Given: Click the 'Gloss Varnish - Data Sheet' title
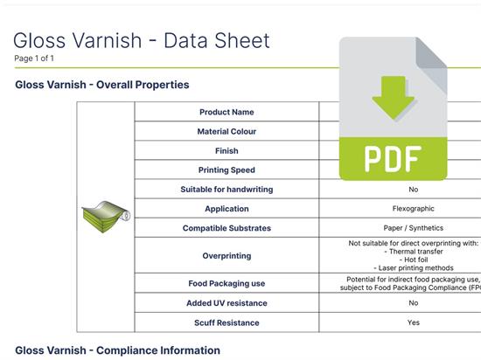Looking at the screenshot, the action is (142, 40).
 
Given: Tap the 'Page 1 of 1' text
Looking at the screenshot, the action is (34, 59).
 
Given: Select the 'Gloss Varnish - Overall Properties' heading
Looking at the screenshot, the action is (102, 85).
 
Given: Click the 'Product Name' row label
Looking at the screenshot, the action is (227, 112).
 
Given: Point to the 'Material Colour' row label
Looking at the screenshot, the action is (227, 131).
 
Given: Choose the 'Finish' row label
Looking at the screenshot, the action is (227, 151).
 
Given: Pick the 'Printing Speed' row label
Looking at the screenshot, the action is (227, 170).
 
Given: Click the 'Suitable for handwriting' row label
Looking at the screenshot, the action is (227, 190).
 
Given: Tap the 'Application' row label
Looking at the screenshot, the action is (227, 209).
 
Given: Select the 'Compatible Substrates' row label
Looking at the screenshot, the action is (227, 228).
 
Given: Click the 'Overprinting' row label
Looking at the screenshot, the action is (227, 256).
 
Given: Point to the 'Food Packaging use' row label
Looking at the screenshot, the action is (227, 283).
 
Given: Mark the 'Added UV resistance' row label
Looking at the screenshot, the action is (227, 303).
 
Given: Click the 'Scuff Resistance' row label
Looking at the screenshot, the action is (227, 322).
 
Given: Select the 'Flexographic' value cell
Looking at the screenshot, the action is (413, 209).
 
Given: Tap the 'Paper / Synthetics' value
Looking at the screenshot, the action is (413, 228).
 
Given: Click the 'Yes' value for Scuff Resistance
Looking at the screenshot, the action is (413, 322).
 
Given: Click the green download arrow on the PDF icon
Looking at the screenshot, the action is (394, 97).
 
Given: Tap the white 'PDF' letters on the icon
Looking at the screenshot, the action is (393, 159).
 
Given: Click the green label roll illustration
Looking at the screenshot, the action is (106, 217).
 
